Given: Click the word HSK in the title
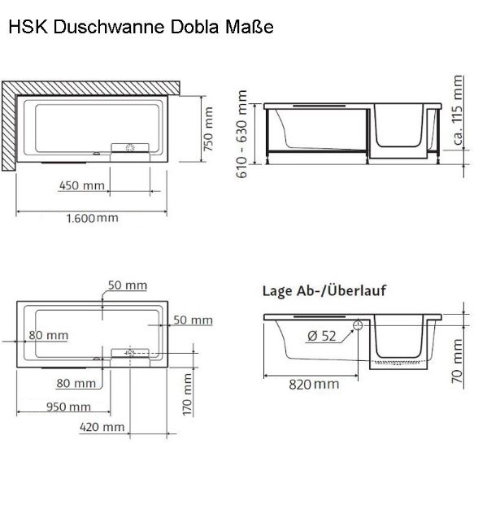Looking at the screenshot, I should tap(25, 27).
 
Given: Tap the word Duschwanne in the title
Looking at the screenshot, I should tap(101, 27).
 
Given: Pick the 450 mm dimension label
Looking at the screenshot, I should tap(82, 185).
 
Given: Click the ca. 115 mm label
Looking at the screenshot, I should tap(458, 111).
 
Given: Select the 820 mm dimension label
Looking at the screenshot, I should tap(315, 384).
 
